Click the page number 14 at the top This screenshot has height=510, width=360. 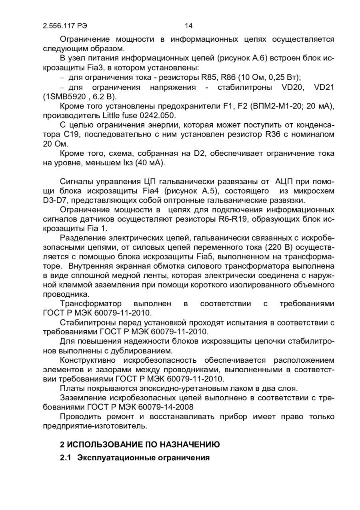189,26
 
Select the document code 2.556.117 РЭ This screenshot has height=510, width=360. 65,26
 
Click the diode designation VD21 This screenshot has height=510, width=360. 324,87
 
